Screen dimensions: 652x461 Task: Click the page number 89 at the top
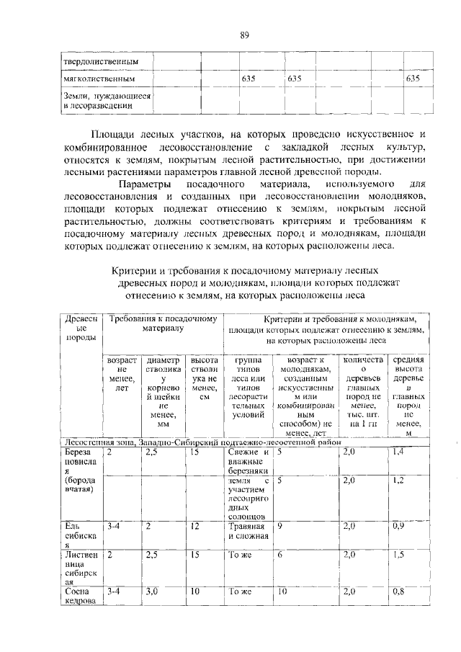[x=244, y=35]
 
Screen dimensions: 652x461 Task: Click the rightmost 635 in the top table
[x=413, y=78]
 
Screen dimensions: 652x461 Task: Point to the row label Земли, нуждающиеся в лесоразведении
[x=106, y=100]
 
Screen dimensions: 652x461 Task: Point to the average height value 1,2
[x=398, y=479]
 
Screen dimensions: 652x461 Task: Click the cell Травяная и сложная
[x=248, y=531]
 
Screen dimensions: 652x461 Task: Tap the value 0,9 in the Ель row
[x=398, y=527]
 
